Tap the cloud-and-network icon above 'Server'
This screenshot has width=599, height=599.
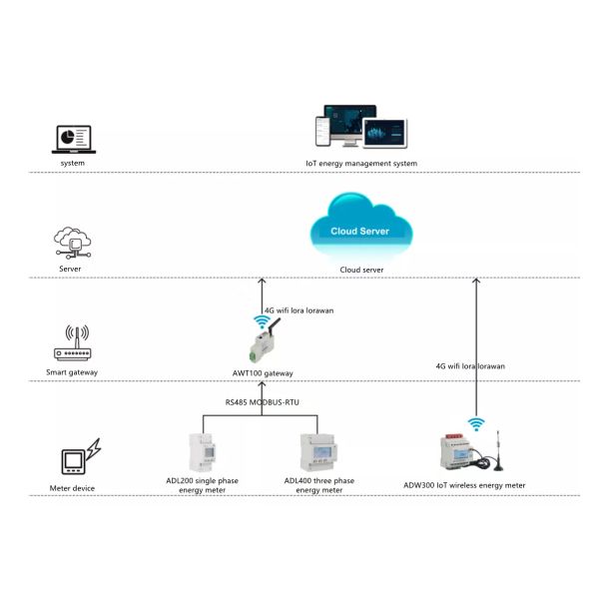[72, 243]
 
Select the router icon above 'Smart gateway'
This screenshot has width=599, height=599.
[72, 345]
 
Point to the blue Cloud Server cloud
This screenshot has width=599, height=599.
[360, 229]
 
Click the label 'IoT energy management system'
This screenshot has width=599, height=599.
[361, 163]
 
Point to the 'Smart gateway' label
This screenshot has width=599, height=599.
[72, 373]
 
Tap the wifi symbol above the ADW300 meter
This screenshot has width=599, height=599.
[477, 423]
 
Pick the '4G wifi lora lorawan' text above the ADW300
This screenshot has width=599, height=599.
[471, 366]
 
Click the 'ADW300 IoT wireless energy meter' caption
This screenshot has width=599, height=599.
[464, 485]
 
